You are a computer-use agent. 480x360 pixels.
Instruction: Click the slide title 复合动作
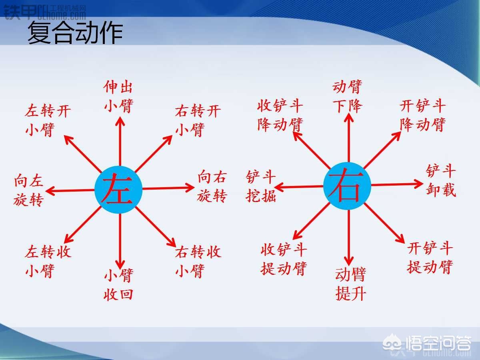tap(75, 33)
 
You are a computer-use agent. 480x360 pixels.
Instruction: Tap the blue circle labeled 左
tap(119, 190)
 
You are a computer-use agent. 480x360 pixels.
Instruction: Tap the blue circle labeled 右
tap(347, 186)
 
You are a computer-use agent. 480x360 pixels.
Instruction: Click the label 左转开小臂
tap(48, 120)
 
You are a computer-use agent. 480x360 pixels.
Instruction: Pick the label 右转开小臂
tap(198, 120)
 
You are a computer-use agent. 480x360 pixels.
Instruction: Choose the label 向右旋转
tap(212, 186)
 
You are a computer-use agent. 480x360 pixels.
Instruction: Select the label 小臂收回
tap(118, 285)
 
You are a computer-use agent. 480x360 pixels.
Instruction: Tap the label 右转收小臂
tap(198, 261)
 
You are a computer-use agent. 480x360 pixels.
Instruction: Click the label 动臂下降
tap(347, 96)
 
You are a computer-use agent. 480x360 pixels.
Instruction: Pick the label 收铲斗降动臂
tap(280, 116)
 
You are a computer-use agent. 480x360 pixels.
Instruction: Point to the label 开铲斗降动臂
tap(422, 116)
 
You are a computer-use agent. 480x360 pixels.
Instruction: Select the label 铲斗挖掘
tap(261, 186)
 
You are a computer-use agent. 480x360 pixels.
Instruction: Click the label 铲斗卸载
tap(441, 180)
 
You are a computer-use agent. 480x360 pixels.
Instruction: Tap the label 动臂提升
tap(350, 284)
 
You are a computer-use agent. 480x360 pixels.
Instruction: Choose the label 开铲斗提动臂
tap(430, 257)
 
